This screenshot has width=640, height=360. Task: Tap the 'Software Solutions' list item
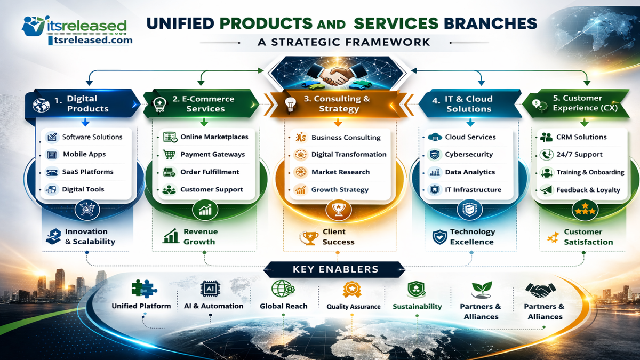92,137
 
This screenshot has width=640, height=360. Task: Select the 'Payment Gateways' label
212,154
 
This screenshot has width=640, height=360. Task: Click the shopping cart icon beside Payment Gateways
170,155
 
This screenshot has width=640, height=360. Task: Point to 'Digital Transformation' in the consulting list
349,154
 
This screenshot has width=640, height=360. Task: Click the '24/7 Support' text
579,154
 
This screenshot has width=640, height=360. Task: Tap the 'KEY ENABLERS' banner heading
335,269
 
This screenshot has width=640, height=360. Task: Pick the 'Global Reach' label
283,306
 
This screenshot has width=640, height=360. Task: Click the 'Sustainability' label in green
417,307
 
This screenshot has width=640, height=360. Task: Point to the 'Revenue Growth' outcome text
200,236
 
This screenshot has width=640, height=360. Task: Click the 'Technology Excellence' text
472,236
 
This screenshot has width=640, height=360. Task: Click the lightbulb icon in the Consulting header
290,103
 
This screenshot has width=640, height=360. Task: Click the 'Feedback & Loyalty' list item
588,189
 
